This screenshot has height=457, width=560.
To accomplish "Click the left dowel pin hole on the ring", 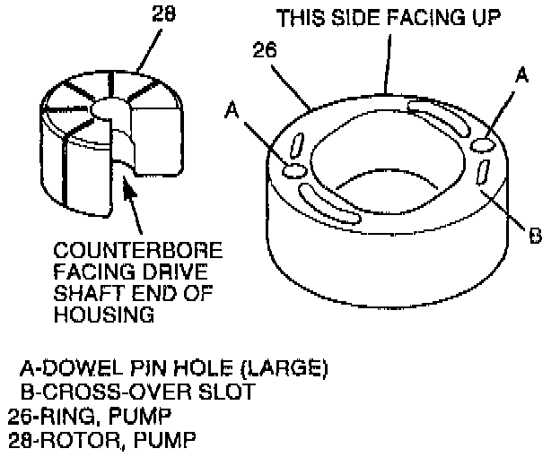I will [293, 170].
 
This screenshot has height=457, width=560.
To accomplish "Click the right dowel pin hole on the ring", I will [484, 144].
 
